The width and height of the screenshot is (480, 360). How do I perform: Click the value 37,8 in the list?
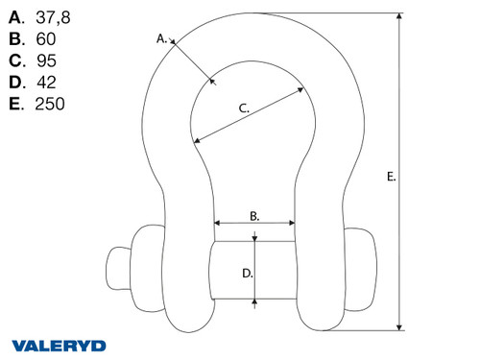point(52,17)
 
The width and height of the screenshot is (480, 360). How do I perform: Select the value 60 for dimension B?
point(44,39)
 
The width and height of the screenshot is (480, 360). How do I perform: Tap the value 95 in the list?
point(44,60)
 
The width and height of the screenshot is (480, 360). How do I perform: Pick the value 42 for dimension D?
point(44,82)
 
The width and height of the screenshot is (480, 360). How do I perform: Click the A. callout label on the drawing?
point(162,39)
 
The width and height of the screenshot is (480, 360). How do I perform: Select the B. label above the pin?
point(254,217)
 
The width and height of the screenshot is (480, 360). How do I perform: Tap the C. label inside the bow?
point(243,108)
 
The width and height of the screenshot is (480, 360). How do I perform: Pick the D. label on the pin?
point(247,273)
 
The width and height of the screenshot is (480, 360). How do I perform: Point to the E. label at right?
point(391,176)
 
